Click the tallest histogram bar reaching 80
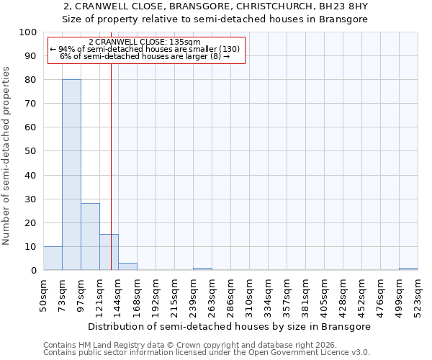pos(71,175)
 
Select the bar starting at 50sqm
pos(53,258)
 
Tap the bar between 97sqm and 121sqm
pos(90,237)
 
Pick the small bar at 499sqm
pos(408,269)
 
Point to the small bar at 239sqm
pos(202,269)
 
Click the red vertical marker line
pos(111,166)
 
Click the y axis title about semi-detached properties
pos(7,156)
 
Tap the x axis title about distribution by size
pos(230,326)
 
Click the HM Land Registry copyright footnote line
pos(194,345)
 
